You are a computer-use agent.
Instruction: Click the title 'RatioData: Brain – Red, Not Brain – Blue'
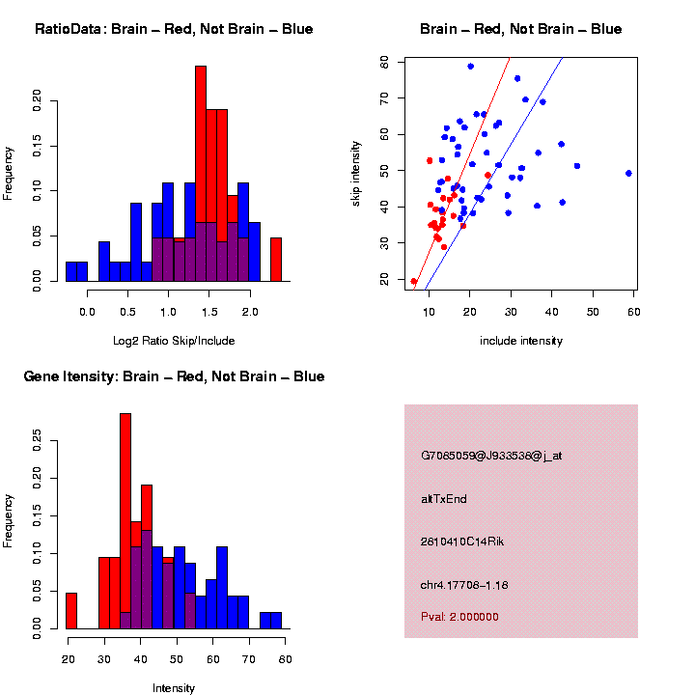point(174,29)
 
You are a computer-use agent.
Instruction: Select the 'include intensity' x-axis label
point(520,341)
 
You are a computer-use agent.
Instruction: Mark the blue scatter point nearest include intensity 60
point(628,174)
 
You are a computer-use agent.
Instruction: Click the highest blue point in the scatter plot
point(470,67)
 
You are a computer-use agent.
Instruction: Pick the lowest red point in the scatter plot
point(413,282)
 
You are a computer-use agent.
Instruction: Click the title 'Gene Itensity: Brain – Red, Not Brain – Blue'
point(174,376)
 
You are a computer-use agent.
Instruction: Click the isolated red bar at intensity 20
point(71,611)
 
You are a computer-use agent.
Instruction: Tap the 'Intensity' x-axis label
point(174,688)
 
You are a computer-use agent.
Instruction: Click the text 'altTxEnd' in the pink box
point(443,499)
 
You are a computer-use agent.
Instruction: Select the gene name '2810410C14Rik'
point(462,542)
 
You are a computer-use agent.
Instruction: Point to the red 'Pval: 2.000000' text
point(459,616)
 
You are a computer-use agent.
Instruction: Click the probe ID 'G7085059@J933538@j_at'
point(491,456)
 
